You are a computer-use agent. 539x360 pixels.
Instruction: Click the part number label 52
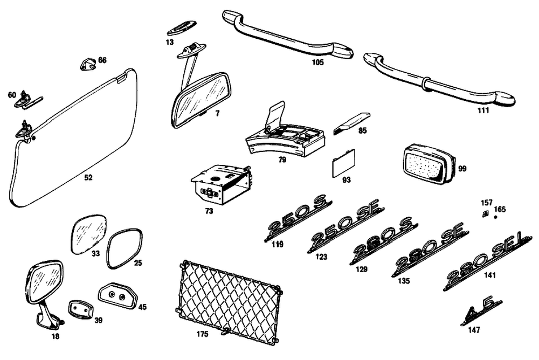tap(88, 177)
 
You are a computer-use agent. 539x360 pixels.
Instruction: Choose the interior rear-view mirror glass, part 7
tap(201, 100)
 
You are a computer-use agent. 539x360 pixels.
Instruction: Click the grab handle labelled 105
tap(288, 34)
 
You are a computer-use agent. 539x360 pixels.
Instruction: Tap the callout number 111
tap(483, 110)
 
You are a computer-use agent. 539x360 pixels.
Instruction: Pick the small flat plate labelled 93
tap(343, 162)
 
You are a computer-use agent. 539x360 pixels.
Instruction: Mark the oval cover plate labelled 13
tap(182, 27)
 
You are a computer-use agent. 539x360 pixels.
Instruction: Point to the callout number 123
tap(321, 257)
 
